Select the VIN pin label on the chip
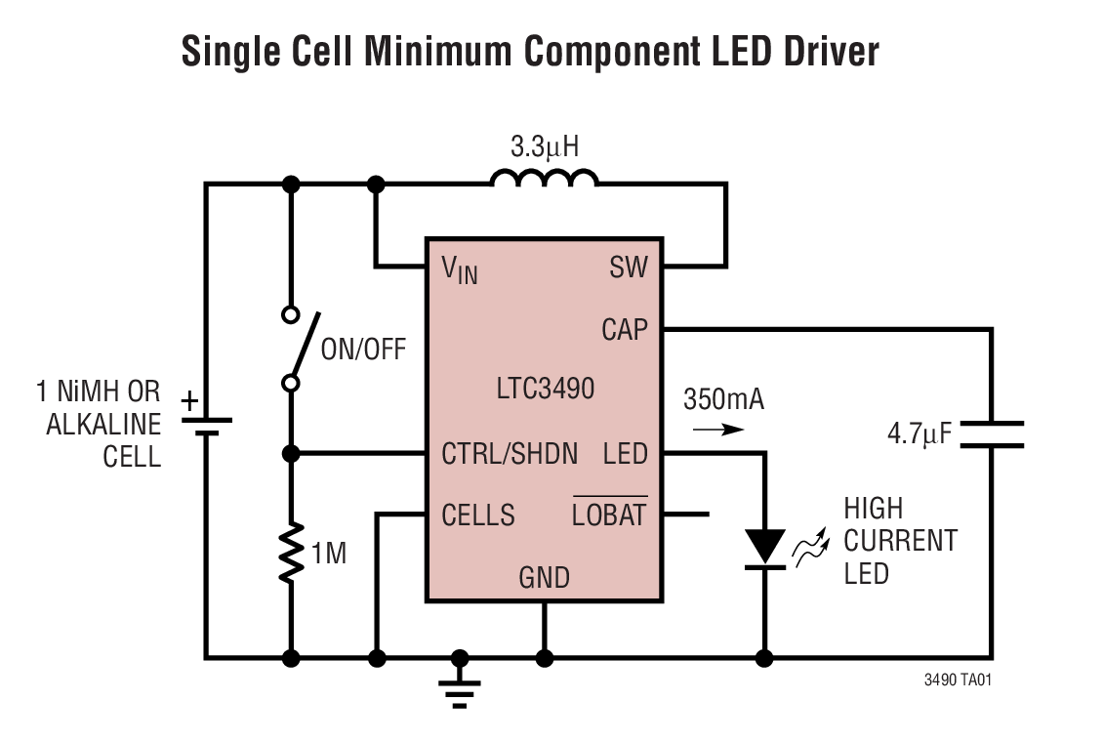(461, 269)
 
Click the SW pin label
(628, 268)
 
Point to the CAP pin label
(624, 330)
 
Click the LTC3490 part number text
(545, 389)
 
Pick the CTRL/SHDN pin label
(510, 454)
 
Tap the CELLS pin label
(478, 515)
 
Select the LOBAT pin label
(609, 515)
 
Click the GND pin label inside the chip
(544, 578)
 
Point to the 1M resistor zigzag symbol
(290, 554)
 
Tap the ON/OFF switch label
(363, 350)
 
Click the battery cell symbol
(206, 426)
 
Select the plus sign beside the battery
(189, 399)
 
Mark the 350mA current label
(723, 399)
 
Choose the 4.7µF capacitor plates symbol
(992, 435)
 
